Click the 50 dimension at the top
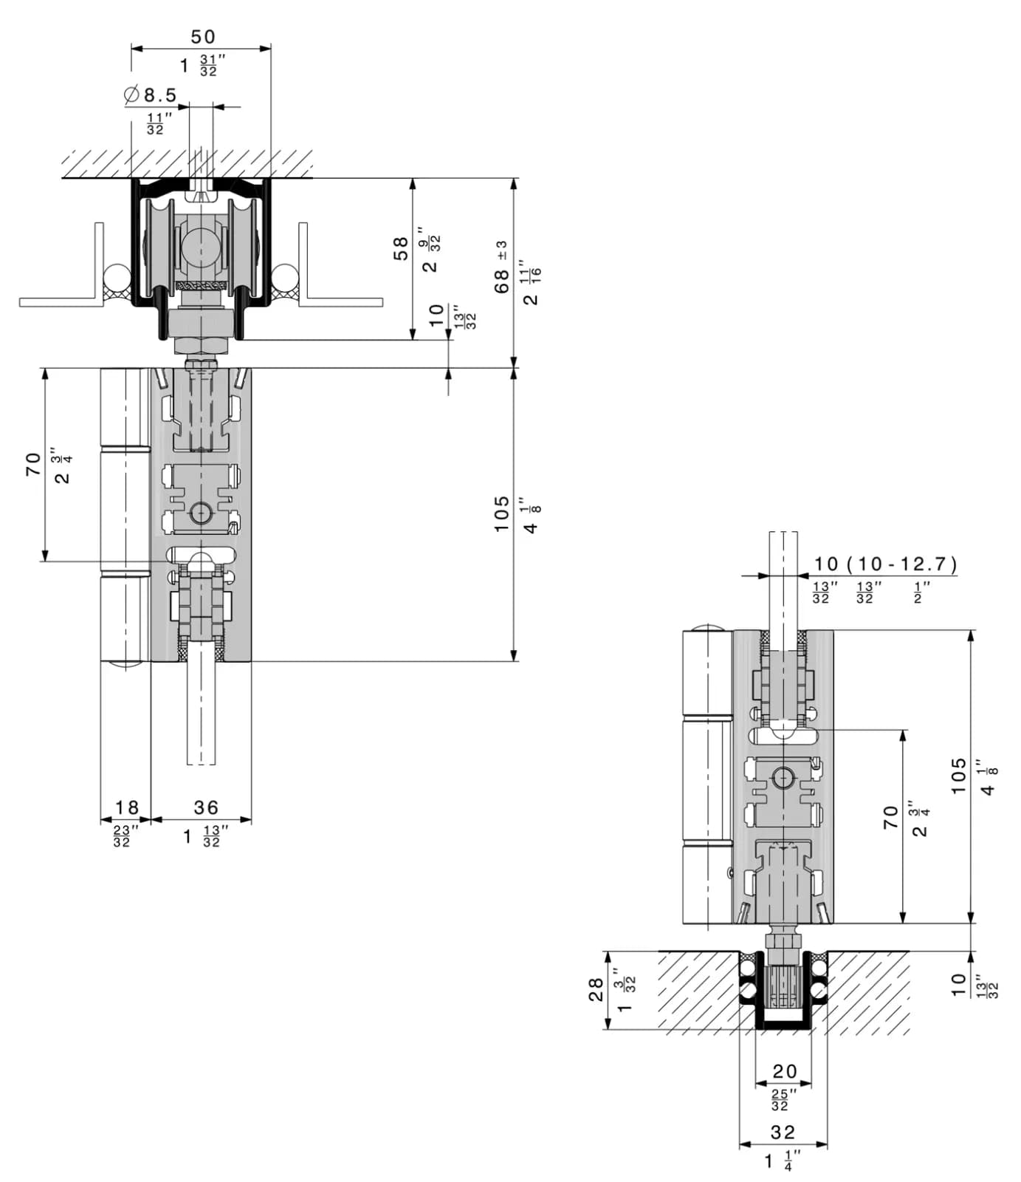coord(203,37)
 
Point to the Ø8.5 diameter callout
coord(151,95)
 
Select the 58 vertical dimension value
coord(400,248)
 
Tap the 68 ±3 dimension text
coord(501,267)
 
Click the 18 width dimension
coord(127,807)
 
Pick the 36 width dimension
coord(206,807)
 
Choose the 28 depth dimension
coord(596,990)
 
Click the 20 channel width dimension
coord(784,1071)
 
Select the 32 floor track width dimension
coord(783,1132)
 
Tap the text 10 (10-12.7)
coord(885,564)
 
